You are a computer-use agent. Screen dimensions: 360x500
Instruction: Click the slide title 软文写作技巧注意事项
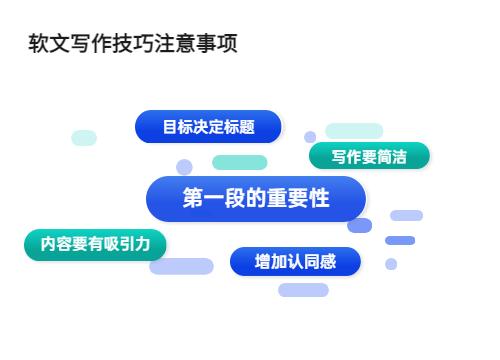click(x=133, y=45)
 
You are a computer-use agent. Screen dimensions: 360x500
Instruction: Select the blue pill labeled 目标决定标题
click(x=208, y=127)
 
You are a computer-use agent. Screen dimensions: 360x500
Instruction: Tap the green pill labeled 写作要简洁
click(x=369, y=157)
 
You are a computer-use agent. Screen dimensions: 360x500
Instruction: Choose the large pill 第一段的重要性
click(x=255, y=199)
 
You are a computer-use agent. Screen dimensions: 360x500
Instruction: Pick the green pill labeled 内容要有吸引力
click(x=95, y=244)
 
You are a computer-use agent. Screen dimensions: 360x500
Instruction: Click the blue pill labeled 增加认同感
click(x=295, y=262)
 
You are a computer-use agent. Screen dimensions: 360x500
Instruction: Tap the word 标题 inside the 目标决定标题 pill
click(x=241, y=127)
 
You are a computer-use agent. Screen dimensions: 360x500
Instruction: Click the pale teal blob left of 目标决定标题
click(x=84, y=138)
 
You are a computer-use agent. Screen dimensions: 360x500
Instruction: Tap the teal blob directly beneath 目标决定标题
click(x=239, y=162)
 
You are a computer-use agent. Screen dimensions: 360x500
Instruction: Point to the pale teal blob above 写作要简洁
click(x=354, y=131)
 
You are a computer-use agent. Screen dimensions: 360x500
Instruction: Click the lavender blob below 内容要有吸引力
click(x=181, y=266)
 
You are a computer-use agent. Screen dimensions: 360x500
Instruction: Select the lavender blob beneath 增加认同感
click(x=303, y=290)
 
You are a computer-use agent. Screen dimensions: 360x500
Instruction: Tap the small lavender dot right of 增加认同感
click(x=391, y=264)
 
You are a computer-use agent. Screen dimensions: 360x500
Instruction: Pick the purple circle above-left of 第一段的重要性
click(x=184, y=167)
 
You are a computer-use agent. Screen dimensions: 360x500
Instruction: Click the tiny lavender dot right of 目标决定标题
click(x=310, y=137)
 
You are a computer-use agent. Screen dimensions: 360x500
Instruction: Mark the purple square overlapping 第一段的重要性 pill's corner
click(x=360, y=225)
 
